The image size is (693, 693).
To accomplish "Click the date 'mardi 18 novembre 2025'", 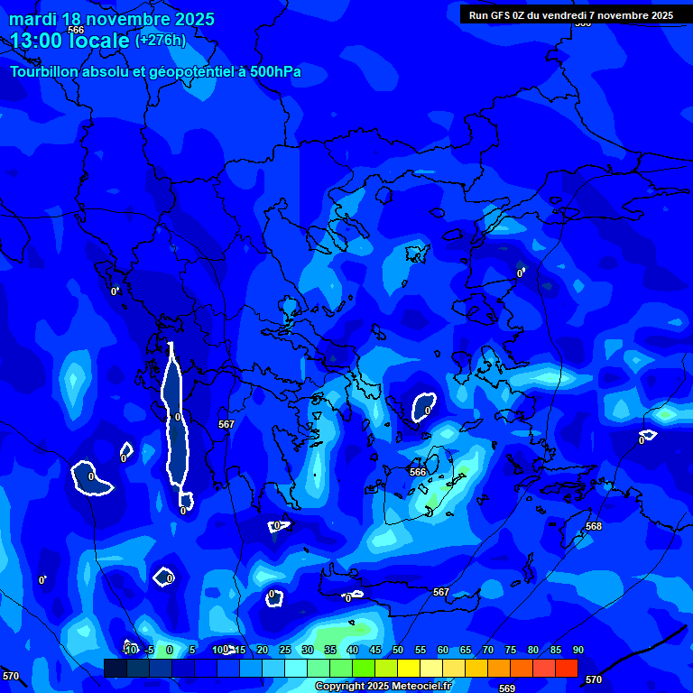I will [112, 19].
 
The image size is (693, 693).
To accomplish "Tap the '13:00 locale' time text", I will [69, 41].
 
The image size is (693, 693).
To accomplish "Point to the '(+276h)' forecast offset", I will [161, 41].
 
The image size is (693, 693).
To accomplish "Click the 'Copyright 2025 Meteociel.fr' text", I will [383, 687].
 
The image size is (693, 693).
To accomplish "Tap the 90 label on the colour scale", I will [577, 650].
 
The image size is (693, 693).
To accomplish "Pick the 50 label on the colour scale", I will [398, 650].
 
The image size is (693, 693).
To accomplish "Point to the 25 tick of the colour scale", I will [285, 650].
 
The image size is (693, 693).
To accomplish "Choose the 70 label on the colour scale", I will [488, 650].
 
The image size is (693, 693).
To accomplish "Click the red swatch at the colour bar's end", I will [566, 668].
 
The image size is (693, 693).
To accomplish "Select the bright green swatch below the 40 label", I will [363, 668].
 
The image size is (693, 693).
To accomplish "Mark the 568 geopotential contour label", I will [594, 527].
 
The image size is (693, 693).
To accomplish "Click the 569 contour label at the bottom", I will [507, 688].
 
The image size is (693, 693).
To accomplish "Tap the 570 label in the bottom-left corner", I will [11, 676].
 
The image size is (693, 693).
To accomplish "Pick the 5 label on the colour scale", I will [192, 650].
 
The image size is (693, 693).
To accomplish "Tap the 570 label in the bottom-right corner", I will [594, 679].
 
